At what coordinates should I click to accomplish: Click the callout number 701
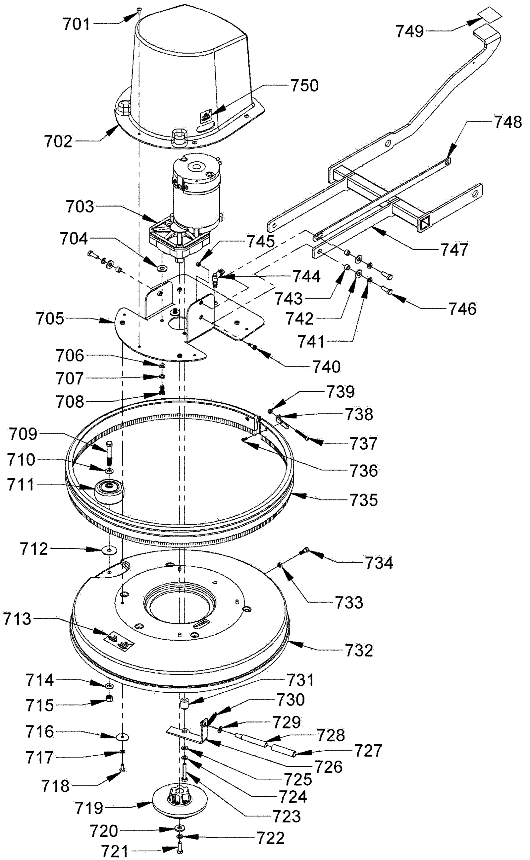pos(77,24)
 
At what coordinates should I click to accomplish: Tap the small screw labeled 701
pos(139,10)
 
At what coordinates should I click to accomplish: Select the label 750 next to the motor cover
pos(305,86)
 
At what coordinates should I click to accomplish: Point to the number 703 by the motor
pos(80,206)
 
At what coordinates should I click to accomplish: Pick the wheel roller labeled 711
pos(109,491)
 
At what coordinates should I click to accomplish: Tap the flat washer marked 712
pos(110,550)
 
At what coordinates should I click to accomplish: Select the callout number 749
pos(410,31)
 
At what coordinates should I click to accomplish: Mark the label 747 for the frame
pos(453,250)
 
